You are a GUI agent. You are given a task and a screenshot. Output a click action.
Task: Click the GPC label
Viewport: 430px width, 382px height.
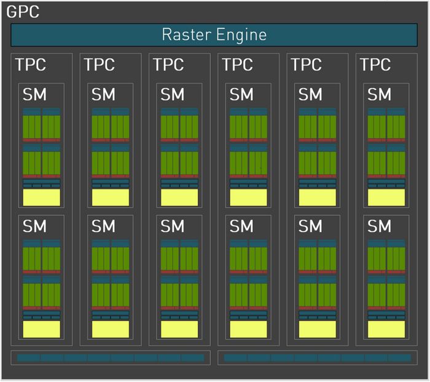(23, 12)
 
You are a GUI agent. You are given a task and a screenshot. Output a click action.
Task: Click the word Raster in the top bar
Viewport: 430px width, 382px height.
(187, 34)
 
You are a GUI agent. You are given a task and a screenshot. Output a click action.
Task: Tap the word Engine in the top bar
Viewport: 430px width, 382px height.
(241, 36)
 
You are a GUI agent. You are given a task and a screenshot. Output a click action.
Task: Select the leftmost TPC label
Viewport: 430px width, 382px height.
(31, 65)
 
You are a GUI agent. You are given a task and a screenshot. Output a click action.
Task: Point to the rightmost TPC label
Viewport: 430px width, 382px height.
(375, 65)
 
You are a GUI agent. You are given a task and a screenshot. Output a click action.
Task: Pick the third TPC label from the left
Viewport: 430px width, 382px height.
(168, 65)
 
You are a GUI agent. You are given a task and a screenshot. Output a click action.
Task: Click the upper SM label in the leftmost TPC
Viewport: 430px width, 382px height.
(34, 95)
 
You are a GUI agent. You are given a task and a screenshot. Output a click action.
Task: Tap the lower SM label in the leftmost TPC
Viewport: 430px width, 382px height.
(34, 226)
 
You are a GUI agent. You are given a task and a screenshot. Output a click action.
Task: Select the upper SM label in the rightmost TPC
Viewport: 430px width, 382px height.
(379, 95)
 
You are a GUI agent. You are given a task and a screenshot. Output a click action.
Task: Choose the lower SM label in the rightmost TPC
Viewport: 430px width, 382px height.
(379, 226)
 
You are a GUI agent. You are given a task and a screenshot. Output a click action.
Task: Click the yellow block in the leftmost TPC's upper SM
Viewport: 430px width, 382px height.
(41, 197)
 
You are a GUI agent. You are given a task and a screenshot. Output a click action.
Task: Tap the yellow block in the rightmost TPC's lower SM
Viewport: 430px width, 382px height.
(386, 329)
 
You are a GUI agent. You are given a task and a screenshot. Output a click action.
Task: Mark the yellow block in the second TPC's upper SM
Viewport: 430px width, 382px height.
(111, 197)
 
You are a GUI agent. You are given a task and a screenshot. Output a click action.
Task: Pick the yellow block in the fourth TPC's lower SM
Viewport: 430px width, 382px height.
(248, 329)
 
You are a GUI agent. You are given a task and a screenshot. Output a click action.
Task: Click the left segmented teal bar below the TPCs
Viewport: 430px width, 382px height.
(111, 357)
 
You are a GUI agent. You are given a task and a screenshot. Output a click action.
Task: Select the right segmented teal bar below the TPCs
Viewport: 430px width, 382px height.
(318, 357)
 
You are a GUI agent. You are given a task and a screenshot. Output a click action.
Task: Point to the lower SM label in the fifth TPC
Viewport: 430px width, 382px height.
(310, 226)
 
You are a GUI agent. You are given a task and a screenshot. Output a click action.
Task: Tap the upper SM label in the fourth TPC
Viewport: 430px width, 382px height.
(241, 95)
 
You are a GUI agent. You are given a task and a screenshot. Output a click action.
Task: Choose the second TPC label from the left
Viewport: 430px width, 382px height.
(100, 65)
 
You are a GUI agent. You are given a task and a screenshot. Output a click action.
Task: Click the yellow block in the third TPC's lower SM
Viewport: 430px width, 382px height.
(179, 329)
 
